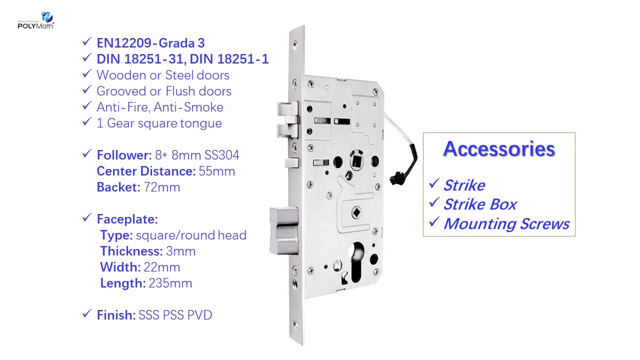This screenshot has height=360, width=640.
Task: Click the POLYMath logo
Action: click(35, 20)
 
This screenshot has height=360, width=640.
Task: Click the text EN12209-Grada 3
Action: click(150, 43)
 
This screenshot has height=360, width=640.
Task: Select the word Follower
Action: click(122, 155)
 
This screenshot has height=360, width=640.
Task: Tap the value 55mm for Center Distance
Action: click(217, 171)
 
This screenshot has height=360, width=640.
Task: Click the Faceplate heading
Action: click(127, 219)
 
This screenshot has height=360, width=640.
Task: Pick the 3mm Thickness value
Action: click(181, 251)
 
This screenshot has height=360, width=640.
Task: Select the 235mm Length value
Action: click(170, 283)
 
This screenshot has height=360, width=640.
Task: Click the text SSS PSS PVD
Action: click(175, 315)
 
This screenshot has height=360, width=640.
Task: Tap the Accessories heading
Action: click(499, 149)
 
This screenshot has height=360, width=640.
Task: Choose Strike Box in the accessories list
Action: click(480, 204)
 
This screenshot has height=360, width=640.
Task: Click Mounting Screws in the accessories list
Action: click(506, 223)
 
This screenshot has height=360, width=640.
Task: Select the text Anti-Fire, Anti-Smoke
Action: click(160, 107)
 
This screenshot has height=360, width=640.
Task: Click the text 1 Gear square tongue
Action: click(159, 123)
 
